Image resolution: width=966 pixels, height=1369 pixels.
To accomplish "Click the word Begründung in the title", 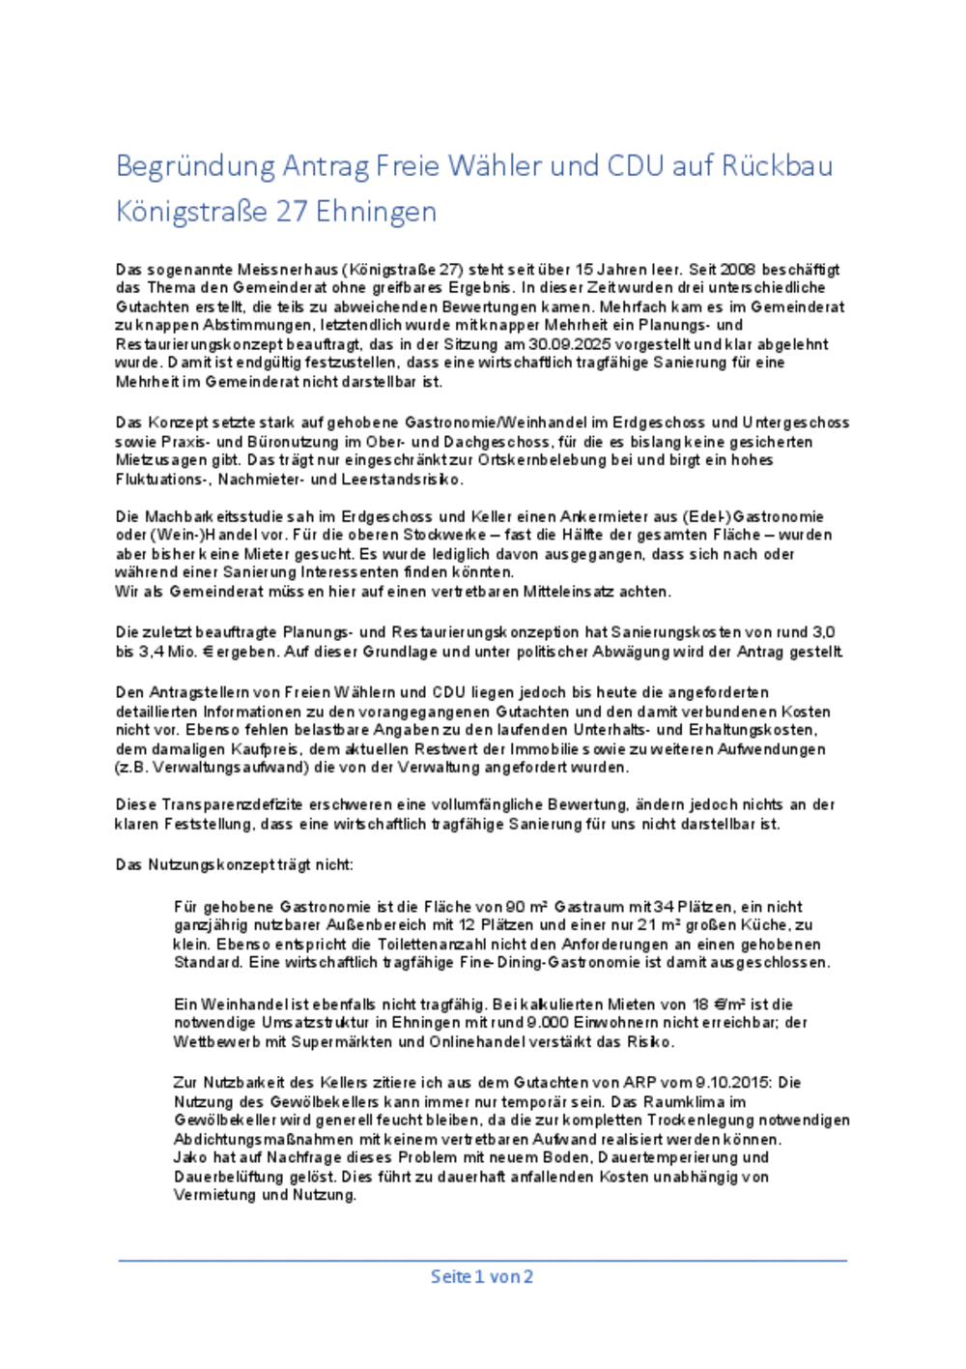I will pos(195,166).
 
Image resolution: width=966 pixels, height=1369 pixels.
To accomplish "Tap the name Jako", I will pos(190,1157).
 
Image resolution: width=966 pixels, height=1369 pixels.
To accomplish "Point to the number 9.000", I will pos(548,1023).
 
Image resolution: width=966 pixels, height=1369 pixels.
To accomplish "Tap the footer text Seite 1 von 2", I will pos(482,1276).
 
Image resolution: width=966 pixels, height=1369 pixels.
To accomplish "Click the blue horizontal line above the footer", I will pos(482,1260).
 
